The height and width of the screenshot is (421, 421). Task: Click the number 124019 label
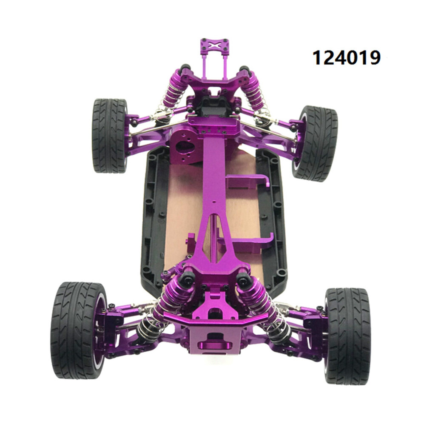pyautogui.click(x=346, y=57)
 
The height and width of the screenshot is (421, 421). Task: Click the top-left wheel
pyautogui.click(x=110, y=135)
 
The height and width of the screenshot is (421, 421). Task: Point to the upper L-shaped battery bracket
pyautogui.click(x=247, y=181)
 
